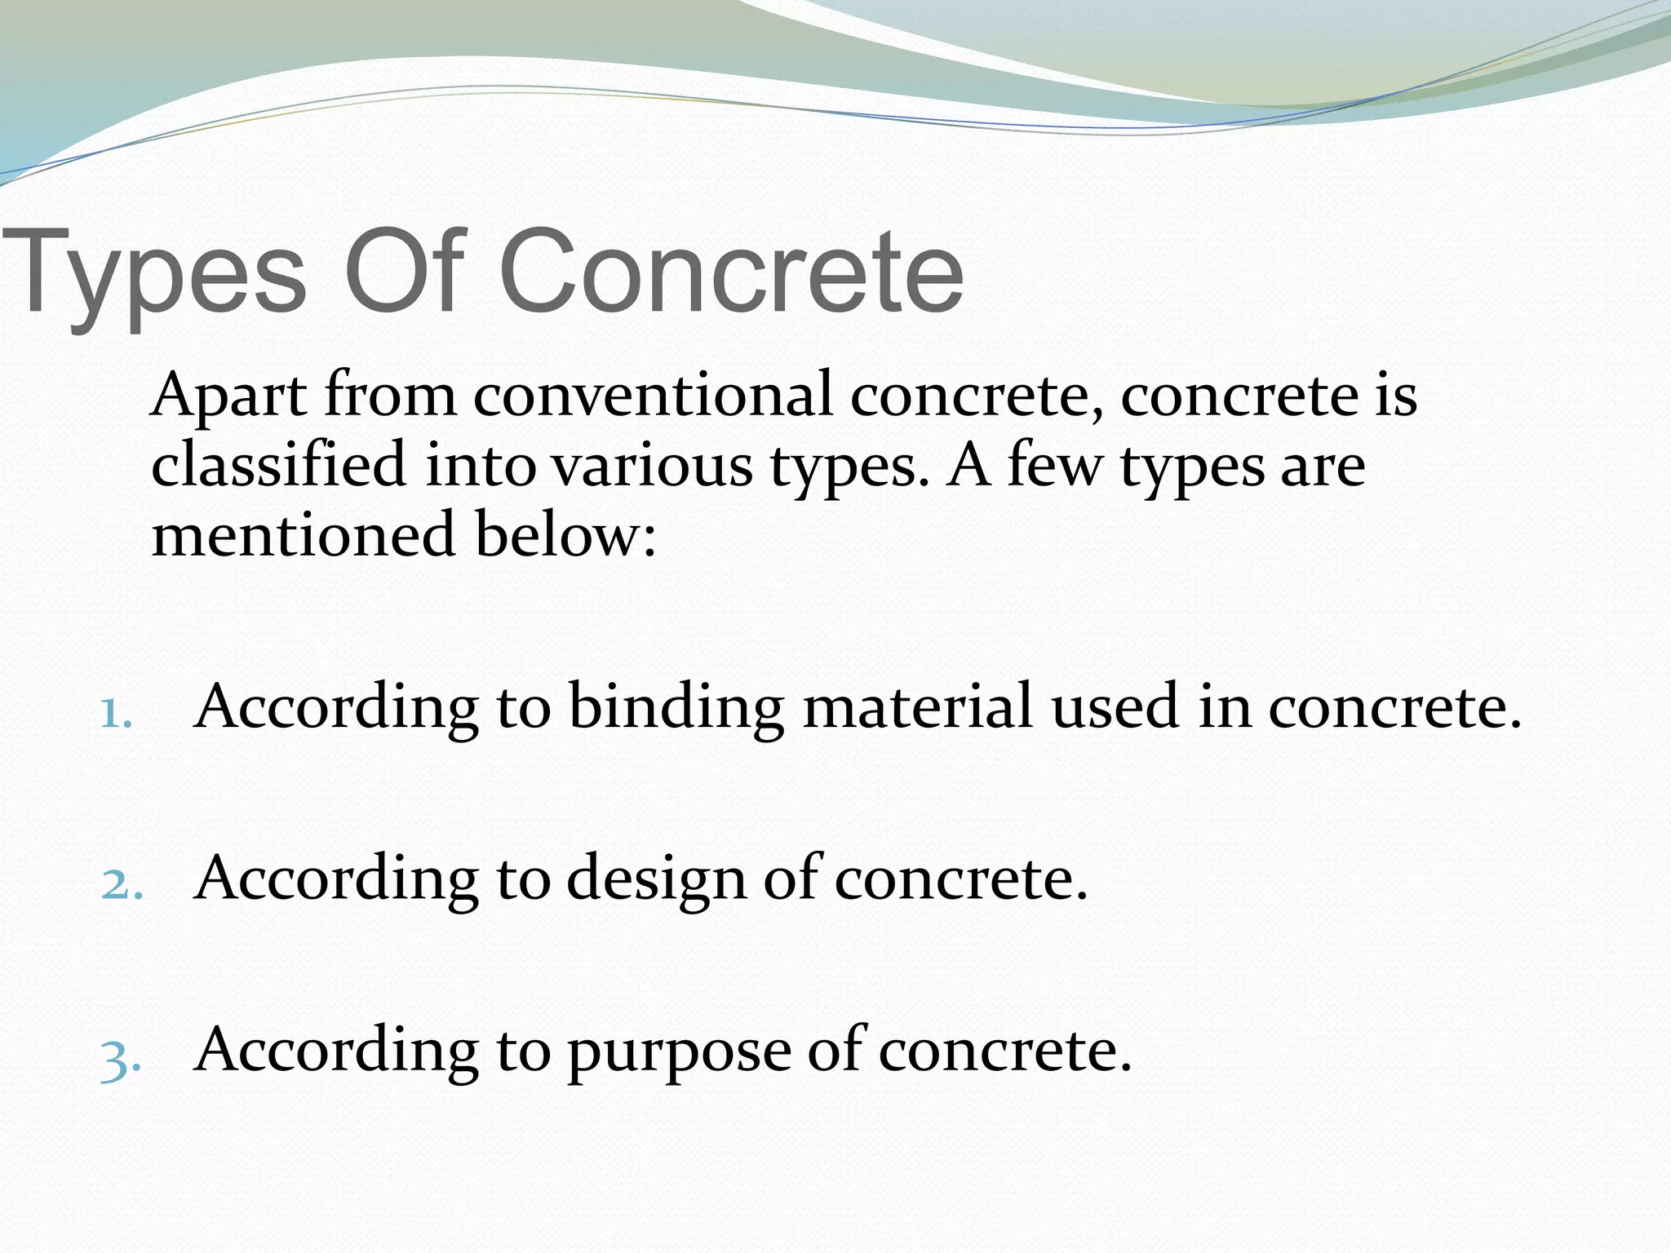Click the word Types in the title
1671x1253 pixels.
tap(155, 273)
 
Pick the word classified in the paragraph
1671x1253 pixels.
tap(278, 467)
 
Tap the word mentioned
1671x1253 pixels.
tap(303, 535)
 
